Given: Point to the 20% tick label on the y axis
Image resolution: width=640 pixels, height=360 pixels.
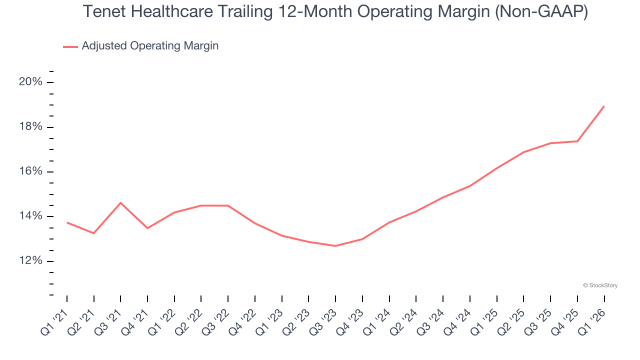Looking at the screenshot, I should click(30, 82).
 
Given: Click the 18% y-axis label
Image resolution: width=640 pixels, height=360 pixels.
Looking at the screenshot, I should click(30, 127).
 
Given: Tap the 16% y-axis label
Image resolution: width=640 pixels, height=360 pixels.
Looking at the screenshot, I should click(30, 171).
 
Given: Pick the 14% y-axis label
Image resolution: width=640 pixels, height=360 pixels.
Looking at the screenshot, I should click(30, 216).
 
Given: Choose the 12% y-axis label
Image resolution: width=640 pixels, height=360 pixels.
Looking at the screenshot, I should click(30, 261).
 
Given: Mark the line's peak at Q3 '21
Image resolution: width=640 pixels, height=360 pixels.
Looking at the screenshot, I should click(120, 203).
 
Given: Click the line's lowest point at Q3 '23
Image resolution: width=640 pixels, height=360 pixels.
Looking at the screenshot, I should click(335, 246).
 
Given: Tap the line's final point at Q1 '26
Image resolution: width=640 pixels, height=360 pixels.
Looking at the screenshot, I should click(604, 106).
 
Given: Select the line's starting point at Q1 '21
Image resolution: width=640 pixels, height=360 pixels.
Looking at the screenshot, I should click(67, 222).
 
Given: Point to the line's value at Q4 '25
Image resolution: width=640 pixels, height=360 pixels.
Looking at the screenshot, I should click(577, 141).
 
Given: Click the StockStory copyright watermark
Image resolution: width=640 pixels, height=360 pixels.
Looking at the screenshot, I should click(600, 285).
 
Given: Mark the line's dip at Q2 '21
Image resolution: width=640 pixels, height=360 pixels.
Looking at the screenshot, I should click(94, 233).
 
